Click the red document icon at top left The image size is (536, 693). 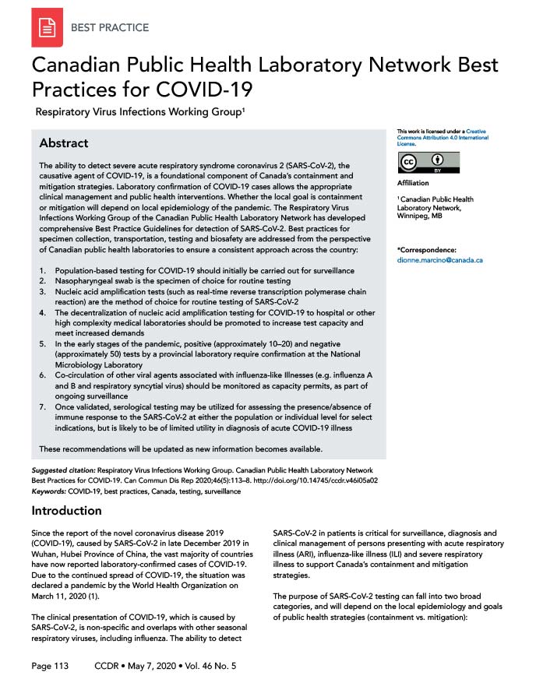coord(47,28)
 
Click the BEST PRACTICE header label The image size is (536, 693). coord(110,27)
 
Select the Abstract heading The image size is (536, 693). coord(64,143)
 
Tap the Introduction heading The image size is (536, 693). coord(66,511)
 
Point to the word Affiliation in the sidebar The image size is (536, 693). coord(413,183)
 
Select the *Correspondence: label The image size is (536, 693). coord(426,249)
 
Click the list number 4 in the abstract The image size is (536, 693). coord(42,311)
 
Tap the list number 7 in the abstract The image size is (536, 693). coord(42,406)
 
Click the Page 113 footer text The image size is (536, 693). coord(51,667)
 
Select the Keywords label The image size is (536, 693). coord(49,493)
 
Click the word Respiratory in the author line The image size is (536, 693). coord(69,112)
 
